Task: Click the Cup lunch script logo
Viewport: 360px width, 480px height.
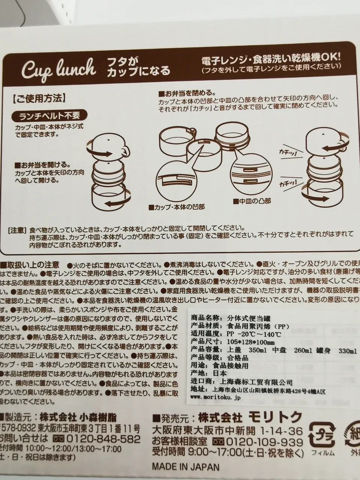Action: (x=58, y=70)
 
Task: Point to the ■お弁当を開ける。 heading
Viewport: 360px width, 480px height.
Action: (x=41, y=165)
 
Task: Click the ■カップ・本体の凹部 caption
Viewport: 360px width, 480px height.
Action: (x=177, y=207)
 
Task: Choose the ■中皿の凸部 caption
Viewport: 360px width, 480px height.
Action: (x=252, y=201)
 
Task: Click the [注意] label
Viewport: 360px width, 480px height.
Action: (x=17, y=229)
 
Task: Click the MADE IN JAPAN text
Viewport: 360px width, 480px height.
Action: (x=185, y=467)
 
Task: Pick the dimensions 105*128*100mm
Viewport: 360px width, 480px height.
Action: (x=251, y=342)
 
